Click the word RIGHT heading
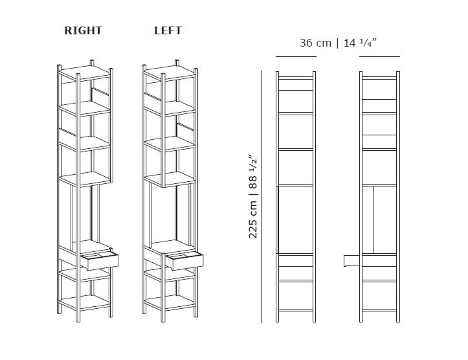pyautogui.click(x=83, y=30)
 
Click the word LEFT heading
pyautogui.click(x=168, y=30)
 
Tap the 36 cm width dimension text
pyautogui.click(x=315, y=43)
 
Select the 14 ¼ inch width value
pyautogui.click(x=361, y=43)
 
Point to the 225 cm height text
pyautogui.click(x=252, y=219)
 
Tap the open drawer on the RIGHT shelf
pyautogui.click(x=100, y=260)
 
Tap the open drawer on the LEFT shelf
pyautogui.click(x=184, y=260)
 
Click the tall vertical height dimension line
pyautogui.click(x=261, y=197)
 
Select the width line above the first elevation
pyautogui.click(x=296, y=56)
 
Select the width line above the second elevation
pyautogui.click(x=380, y=56)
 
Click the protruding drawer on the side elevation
pyautogui.click(x=353, y=260)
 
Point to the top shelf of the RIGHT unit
pyautogui.click(x=85, y=73)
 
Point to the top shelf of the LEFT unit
pyautogui.click(x=170, y=73)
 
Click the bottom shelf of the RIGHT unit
pyautogui.click(x=85, y=302)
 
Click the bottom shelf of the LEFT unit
pyautogui.click(x=170, y=302)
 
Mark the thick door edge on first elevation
pyautogui.click(x=278, y=219)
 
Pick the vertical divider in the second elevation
pyautogui.click(x=373, y=220)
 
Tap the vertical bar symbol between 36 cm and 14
pyautogui.click(x=338, y=43)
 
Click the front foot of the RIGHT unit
pyautogui.click(x=78, y=319)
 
